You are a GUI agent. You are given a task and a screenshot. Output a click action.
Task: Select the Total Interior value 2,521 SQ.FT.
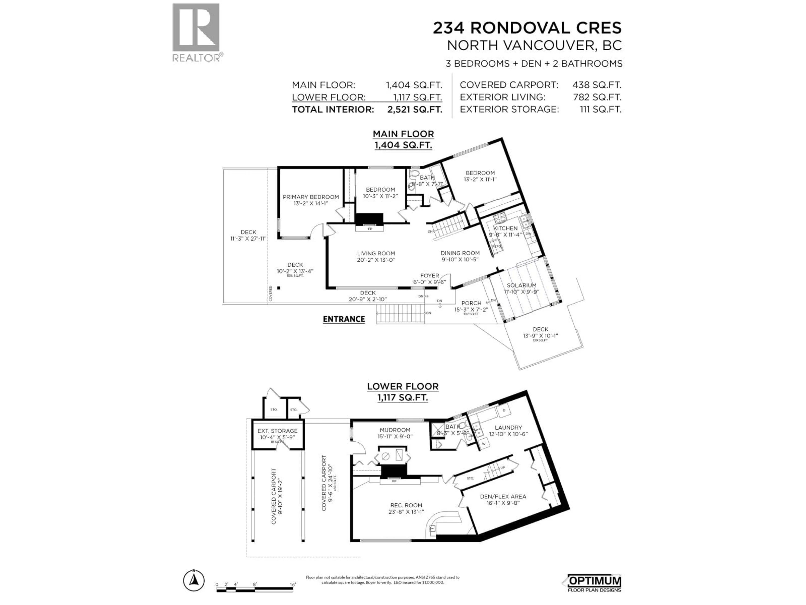tap(415, 109)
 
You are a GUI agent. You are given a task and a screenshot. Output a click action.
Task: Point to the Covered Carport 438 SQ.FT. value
tap(597, 85)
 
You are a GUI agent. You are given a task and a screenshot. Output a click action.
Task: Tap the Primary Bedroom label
tap(311, 197)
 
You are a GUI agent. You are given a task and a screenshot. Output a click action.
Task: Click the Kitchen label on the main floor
tap(505, 228)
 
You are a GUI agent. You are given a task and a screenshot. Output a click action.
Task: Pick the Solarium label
tap(521, 285)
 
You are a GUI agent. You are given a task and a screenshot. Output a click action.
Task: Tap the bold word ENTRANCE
tap(344, 319)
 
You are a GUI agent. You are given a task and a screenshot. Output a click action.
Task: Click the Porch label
tap(471, 303)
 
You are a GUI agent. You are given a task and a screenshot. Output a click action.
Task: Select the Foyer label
tap(430, 276)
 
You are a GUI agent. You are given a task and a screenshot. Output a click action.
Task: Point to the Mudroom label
tap(395, 430)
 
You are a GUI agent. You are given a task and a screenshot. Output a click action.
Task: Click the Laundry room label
tap(508, 427)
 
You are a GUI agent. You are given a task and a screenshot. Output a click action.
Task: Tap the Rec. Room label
tap(406, 505)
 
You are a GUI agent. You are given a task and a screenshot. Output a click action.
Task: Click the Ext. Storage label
tap(277, 431)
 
